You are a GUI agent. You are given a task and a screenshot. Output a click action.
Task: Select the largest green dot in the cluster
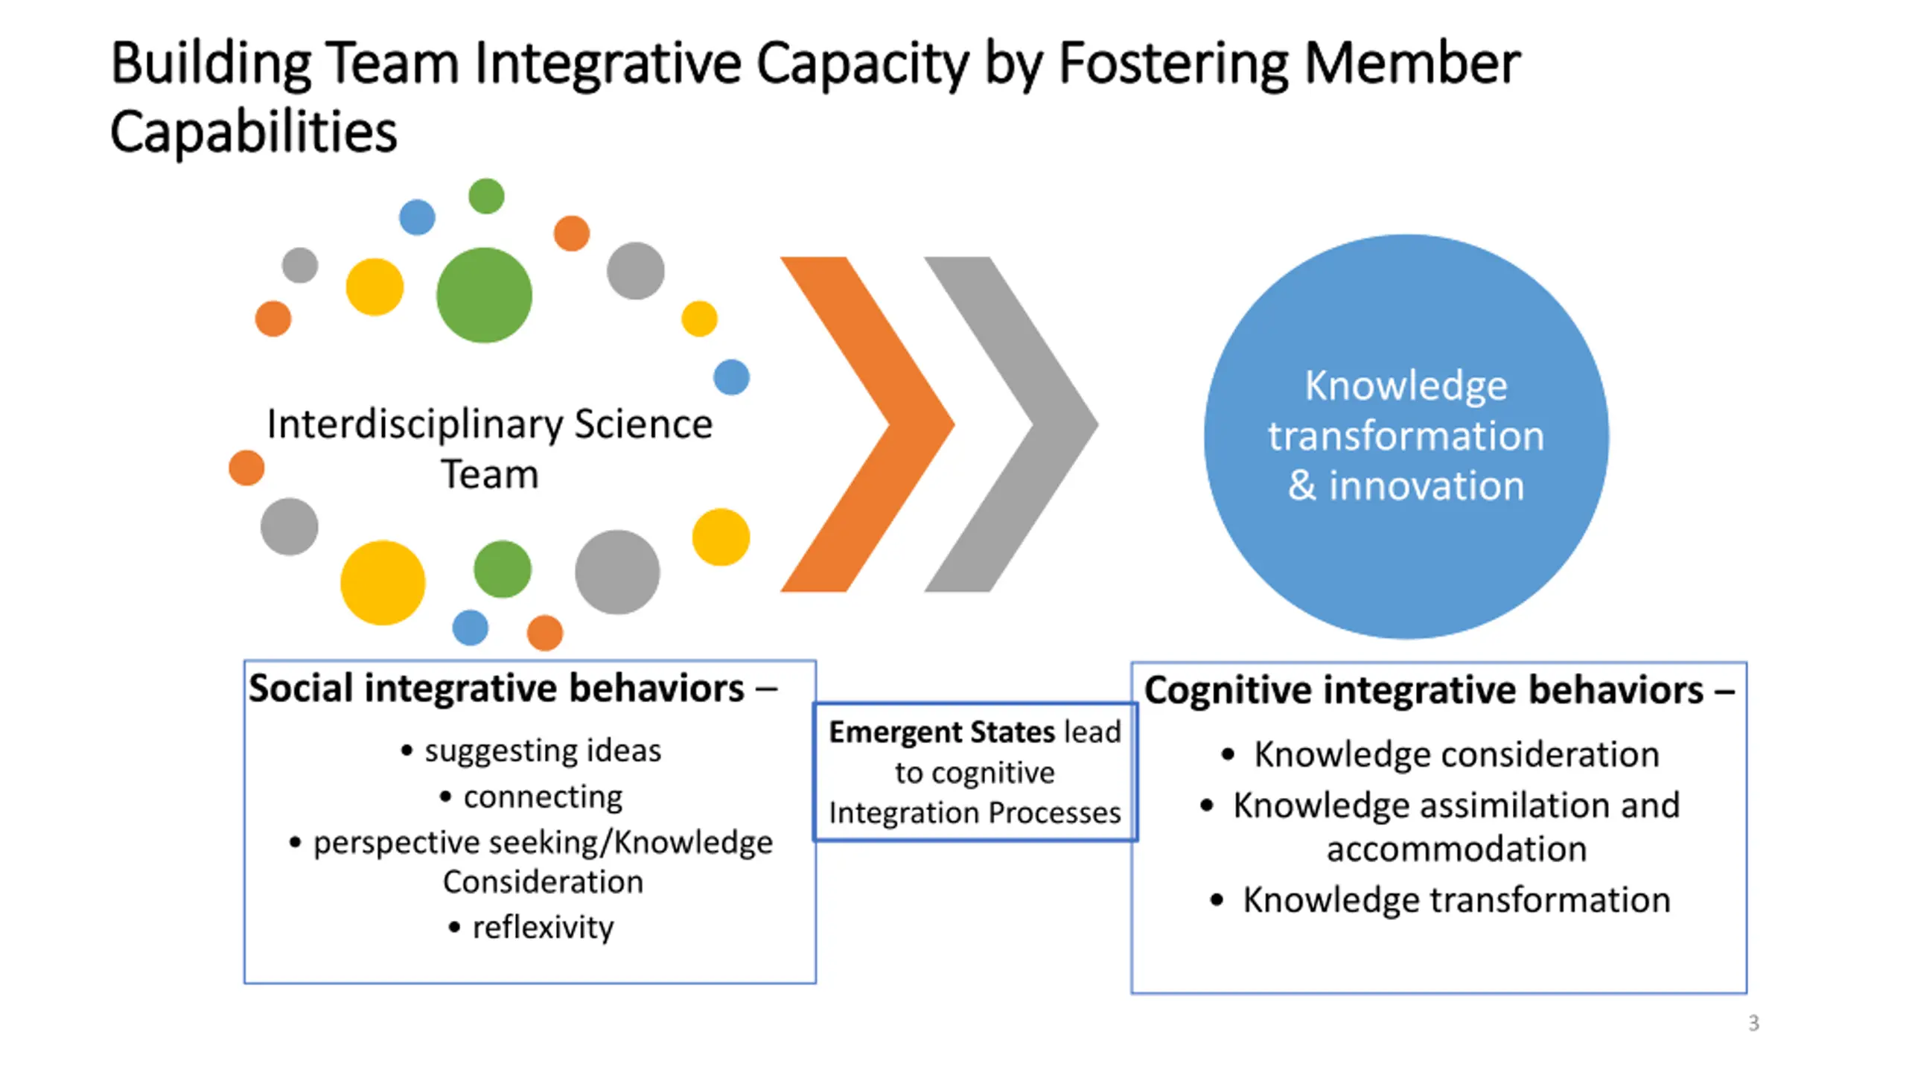pyautogui.click(x=484, y=295)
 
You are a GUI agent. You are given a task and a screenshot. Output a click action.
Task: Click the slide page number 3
pyautogui.click(x=1753, y=1023)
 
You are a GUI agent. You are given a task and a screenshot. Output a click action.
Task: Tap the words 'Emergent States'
pyautogui.click(x=942, y=733)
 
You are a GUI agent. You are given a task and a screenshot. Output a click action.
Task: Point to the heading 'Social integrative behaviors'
pyautogui.click(x=496, y=688)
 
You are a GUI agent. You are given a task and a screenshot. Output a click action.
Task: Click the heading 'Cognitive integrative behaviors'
pyautogui.click(x=1423, y=690)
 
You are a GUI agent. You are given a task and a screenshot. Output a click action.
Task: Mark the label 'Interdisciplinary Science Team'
pyautogui.click(x=489, y=449)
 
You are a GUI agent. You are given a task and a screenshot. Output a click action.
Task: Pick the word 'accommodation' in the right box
pyautogui.click(x=1456, y=849)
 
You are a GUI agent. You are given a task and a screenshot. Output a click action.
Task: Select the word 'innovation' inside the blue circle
pyautogui.click(x=1426, y=485)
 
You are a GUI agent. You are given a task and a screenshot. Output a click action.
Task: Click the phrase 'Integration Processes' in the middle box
pyautogui.click(x=975, y=813)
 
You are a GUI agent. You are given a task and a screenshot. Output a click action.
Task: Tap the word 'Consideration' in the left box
pyautogui.click(x=542, y=882)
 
